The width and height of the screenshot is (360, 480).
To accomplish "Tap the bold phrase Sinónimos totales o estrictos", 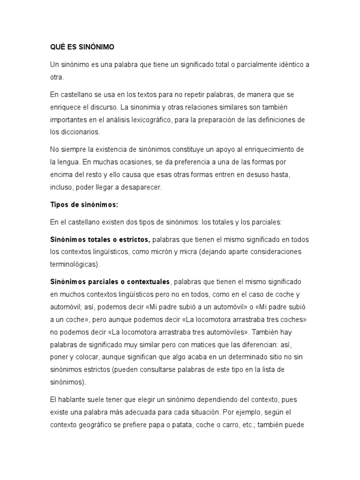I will [x=100, y=240].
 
